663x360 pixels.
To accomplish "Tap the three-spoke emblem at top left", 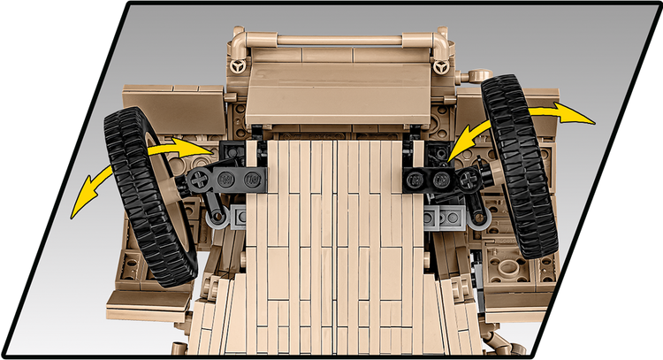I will [237, 66].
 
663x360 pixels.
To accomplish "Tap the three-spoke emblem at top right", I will [439, 66].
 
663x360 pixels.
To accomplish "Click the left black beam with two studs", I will [241, 180].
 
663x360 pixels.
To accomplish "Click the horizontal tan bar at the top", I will [336, 39].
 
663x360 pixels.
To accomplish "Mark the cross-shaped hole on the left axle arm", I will [202, 179].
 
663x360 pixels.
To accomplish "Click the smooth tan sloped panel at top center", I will [336, 88].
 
